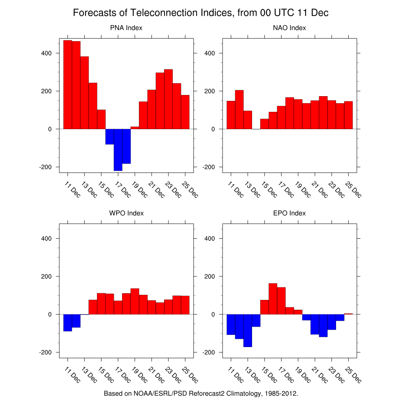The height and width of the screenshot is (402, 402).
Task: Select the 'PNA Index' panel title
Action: point(126,28)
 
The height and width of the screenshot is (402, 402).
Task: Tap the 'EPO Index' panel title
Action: point(289,213)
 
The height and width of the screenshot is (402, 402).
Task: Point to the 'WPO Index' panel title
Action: point(126,213)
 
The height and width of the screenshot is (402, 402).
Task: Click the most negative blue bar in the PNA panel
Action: point(118,150)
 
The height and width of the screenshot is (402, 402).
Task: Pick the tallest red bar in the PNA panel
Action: point(68,85)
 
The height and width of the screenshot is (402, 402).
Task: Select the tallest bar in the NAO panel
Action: point(239,110)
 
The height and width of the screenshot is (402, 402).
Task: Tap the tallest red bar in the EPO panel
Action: point(273,299)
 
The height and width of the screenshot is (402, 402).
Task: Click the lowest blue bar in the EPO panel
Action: point(248,331)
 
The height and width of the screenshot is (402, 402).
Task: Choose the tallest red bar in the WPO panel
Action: point(135,301)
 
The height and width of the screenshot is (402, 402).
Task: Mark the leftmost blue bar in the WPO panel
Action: point(68,323)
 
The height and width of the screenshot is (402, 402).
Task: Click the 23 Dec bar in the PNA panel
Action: point(168,99)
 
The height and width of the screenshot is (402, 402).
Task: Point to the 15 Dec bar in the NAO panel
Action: point(264,124)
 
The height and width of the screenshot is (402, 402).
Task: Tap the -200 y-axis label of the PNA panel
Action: point(45,167)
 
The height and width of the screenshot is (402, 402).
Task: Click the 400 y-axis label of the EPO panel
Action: point(210,238)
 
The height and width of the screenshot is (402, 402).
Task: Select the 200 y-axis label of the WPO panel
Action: point(46,276)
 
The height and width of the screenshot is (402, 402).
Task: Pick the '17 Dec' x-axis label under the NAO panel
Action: point(286,190)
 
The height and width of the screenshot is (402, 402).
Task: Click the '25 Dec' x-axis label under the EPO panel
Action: point(353,375)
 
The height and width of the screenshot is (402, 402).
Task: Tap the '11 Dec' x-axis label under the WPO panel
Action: point(72,375)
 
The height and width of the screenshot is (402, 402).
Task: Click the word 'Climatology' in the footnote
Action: point(244,393)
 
